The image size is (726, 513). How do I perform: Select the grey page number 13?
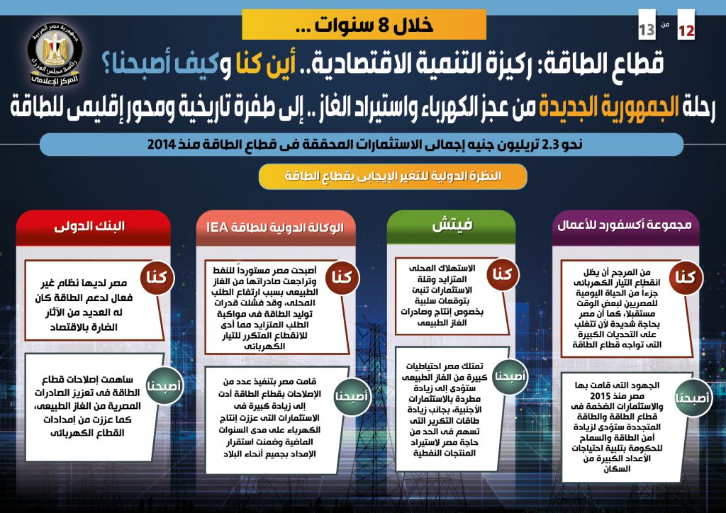point(647,30)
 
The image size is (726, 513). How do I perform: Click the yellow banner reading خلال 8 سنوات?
point(364,24)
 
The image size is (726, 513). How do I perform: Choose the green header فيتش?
point(452,227)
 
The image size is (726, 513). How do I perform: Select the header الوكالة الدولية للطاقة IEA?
point(274,227)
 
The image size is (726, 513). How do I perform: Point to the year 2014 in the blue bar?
point(165,145)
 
